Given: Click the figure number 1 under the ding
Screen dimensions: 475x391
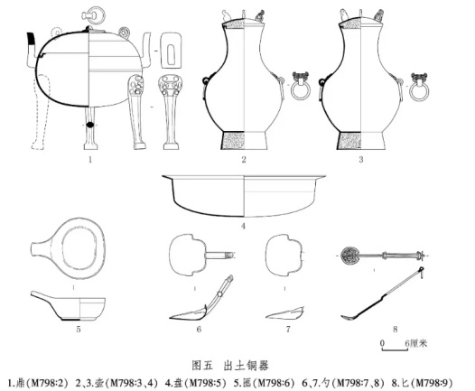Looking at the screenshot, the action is pyautogui.click(x=90, y=159).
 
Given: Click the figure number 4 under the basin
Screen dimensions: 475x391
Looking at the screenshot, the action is pyautogui.click(x=243, y=226).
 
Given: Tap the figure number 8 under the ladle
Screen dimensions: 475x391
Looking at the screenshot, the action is pyautogui.click(x=395, y=329).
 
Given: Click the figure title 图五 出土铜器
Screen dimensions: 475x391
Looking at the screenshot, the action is pyautogui.click(x=230, y=365).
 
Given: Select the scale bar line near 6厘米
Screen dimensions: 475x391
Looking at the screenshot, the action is pyautogui.click(x=395, y=349).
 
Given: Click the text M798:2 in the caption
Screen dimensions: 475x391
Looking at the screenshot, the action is pyautogui.click(x=49, y=384).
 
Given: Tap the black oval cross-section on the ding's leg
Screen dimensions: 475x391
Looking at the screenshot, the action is pyautogui.click(x=90, y=125).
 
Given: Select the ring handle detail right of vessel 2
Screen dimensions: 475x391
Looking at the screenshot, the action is pyautogui.click(x=300, y=86).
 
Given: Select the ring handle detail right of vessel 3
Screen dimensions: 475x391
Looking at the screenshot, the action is pyautogui.click(x=419, y=87).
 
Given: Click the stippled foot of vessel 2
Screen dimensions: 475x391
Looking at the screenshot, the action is pyautogui.click(x=233, y=140).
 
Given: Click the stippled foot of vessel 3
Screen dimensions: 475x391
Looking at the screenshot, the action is pyautogui.click(x=349, y=140).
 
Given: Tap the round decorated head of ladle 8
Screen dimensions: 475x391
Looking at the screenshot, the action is pyautogui.click(x=349, y=256).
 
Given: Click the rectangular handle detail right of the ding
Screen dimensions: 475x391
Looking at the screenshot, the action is pyautogui.click(x=171, y=51).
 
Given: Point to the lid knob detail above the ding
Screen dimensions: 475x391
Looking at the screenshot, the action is pyautogui.click(x=93, y=14).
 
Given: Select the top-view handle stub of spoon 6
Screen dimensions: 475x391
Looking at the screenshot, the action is pyautogui.click(x=219, y=256).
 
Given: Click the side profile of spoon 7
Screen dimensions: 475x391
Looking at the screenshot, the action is pyautogui.click(x=284, y=313).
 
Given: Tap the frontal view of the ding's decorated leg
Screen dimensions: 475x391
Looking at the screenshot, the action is pyautogui.click(x=170, y=112).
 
